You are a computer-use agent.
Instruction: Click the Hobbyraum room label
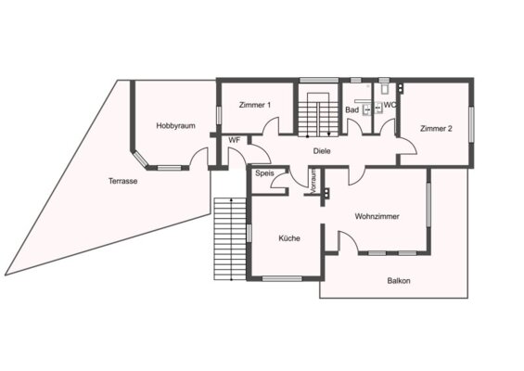[x=176, y=126]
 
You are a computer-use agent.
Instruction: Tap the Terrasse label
[x=123, y=181]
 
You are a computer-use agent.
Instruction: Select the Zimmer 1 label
[x=255, y=105]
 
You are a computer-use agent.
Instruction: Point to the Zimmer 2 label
[x=436, y=128]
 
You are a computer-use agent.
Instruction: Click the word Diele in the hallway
[x=322, y=151]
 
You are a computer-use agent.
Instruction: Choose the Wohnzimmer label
[x=377, y=216]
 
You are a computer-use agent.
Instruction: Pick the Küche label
[x=289, y=238]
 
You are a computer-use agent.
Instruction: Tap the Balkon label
[x=399, y=281]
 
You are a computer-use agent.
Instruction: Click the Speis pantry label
[x=264, y=173]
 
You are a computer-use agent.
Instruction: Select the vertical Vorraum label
[x=313, y=181]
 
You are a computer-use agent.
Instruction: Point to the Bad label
[x=351, y=110]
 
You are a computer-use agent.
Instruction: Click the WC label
[x=390, y=105]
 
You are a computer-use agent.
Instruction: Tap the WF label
[x=235, y=140]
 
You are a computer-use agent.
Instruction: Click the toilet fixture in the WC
[x=384, y=88]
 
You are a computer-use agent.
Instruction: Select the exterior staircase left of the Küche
[x=230, y=239]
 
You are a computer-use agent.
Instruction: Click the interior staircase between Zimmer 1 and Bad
[x=318, y=114]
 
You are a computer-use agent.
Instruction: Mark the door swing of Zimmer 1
[x=271, y=125]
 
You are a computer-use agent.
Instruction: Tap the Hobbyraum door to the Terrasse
[x=198, y=157]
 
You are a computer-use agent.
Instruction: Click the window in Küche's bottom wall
[x=282, y=278]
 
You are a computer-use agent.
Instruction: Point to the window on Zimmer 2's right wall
[x=471, y=124]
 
